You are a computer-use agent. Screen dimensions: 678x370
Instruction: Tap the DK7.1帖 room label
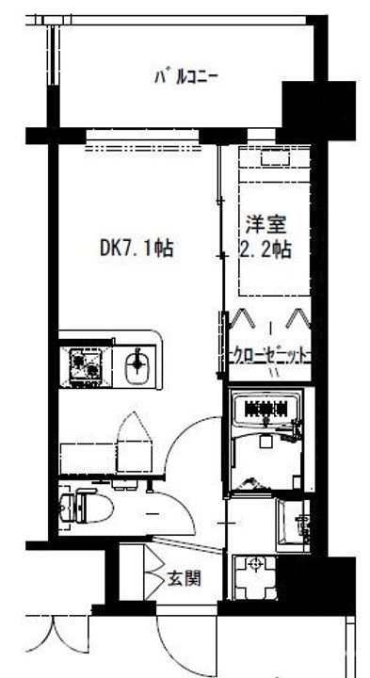[x=137, y=249]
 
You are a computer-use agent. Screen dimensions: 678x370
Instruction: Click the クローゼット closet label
[x=270, y=355]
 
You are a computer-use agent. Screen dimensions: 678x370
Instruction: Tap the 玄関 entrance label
[x=185, y=577]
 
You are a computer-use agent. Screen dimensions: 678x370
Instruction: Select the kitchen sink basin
[x=137, y=363]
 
